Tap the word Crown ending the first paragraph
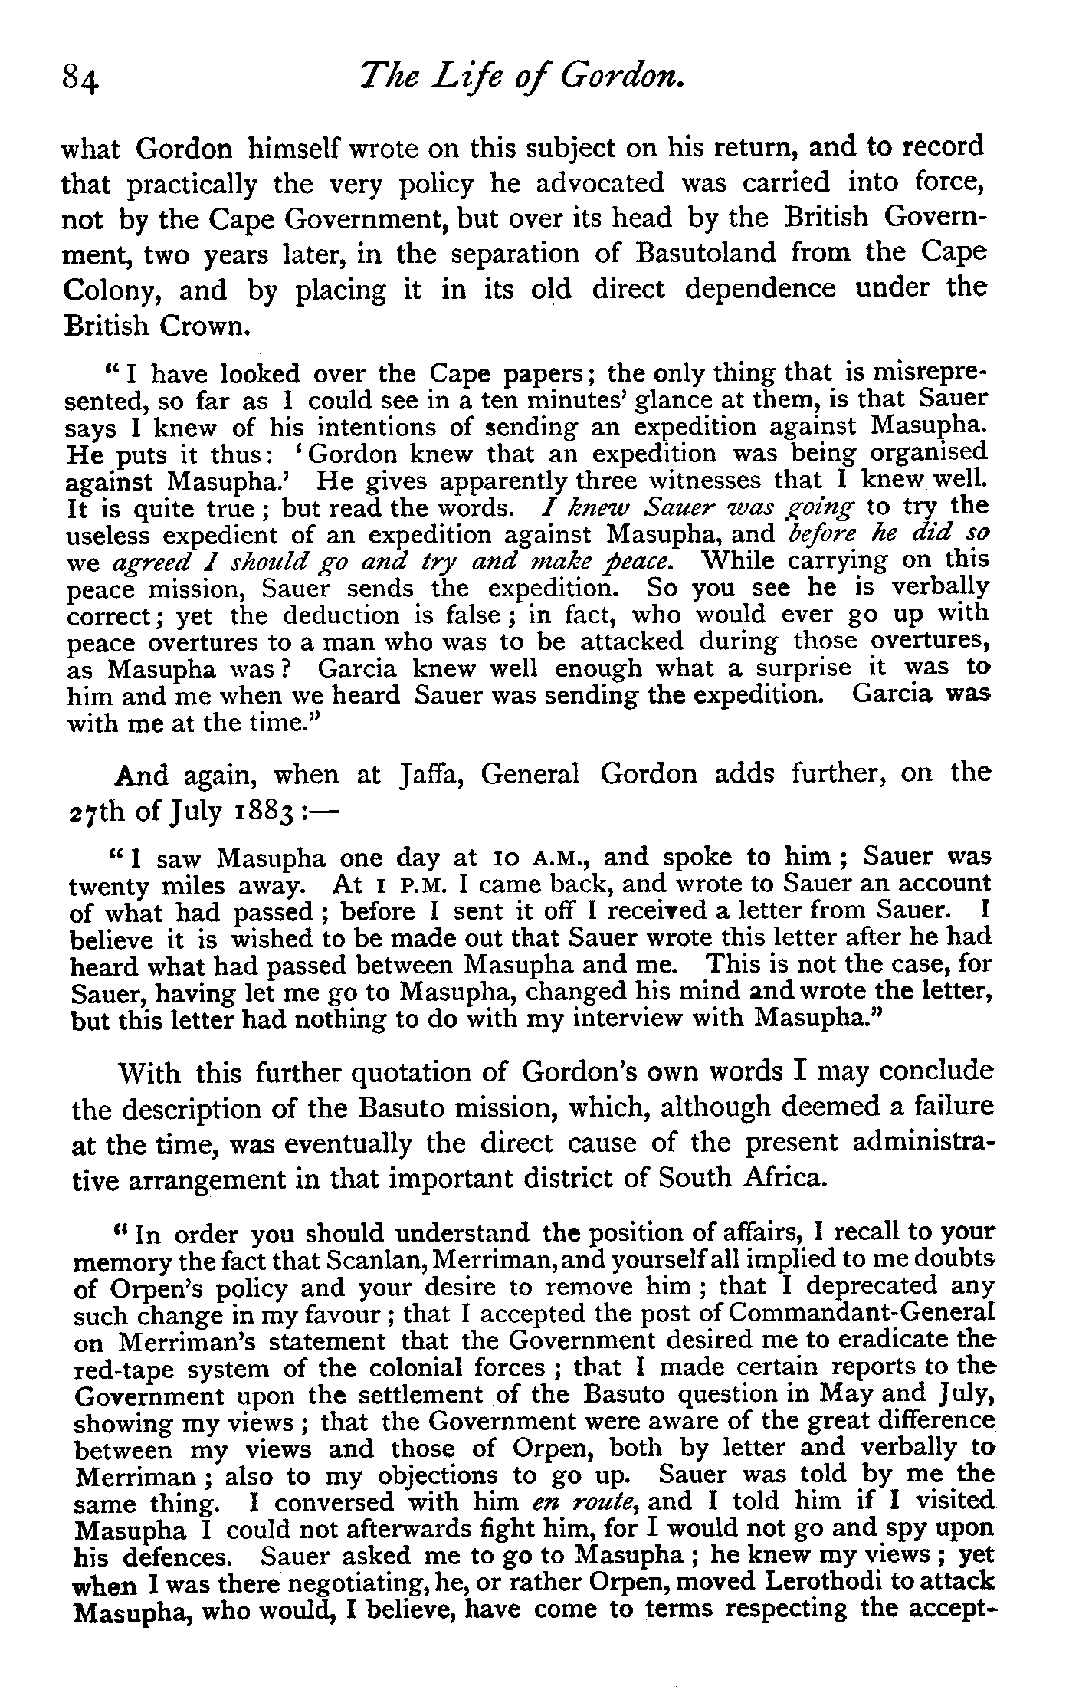pyautogui.click(x=205, y=326)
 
